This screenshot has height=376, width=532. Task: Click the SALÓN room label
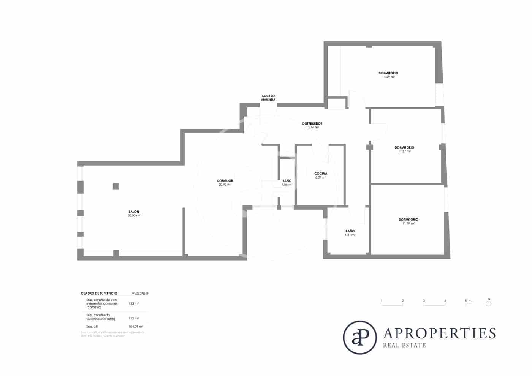[x=134, y=212]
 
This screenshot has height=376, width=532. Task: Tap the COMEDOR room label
[x=225, y=181]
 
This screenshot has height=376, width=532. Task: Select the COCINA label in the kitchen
[x=321, y=174]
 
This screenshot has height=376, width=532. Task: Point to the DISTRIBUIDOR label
[x=312, y=123]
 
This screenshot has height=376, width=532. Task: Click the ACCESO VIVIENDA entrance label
[x=268, y=98]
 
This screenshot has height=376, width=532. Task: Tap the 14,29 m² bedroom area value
[x=388, y=77]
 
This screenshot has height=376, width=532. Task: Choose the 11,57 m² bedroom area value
[x=404, y=151]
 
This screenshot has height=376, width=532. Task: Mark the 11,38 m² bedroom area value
[x=408, y=223]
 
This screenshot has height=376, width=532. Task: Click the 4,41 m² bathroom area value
[x=350, y=235]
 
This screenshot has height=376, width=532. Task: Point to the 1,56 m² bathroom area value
[x=287, y=185]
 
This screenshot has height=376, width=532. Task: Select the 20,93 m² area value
[x=225, y=185]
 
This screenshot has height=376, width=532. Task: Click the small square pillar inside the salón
[x=116, y=186]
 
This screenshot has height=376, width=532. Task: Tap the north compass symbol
[x=489, y=303]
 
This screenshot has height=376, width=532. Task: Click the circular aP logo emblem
[x=360, y=338]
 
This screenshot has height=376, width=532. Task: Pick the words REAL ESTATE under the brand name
[x=404, y=345]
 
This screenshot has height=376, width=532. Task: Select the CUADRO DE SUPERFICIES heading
[x=99, y=294]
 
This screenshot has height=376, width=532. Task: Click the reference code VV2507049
[x=140, y=294]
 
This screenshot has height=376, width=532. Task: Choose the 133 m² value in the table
[x=134, y=303]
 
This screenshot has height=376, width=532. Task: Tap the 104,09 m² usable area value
[x=136, y=327]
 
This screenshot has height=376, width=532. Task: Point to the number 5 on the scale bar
[x=465, y=301]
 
